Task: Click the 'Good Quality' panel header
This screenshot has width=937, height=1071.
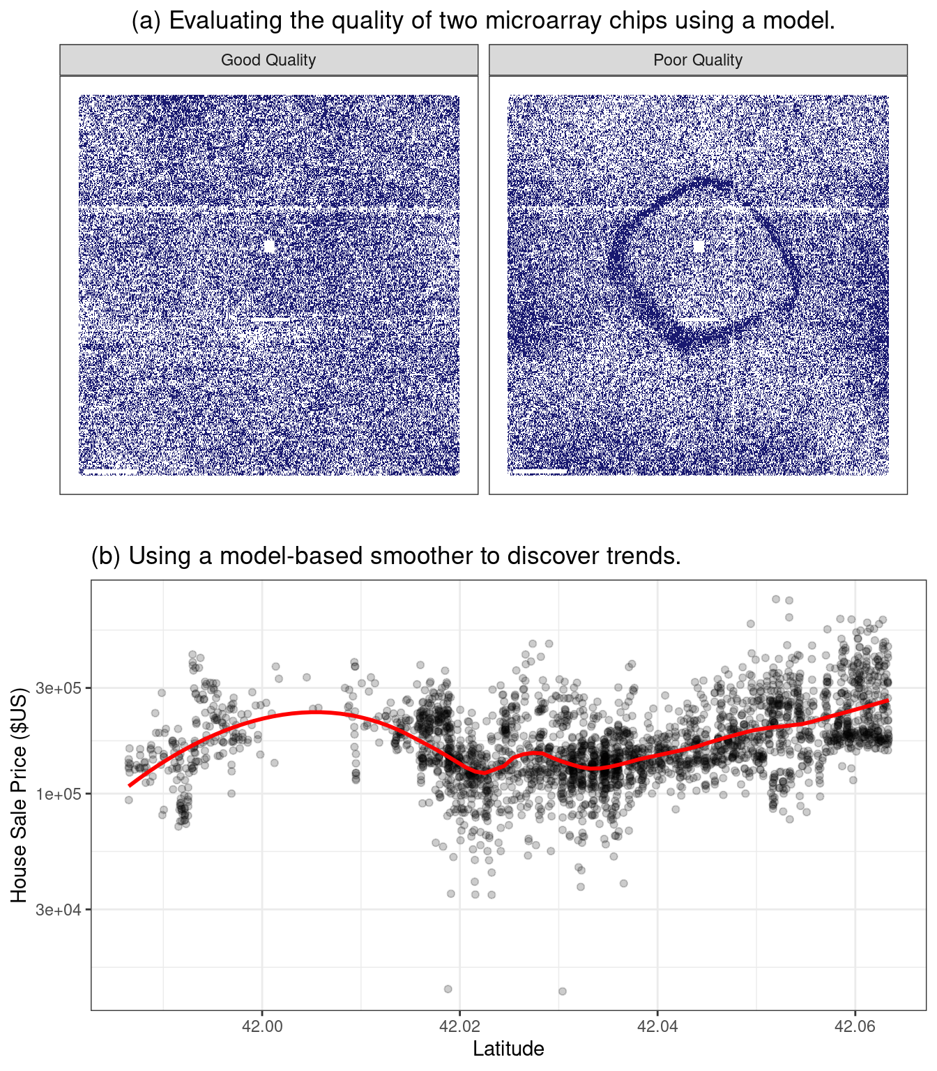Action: point(268,60)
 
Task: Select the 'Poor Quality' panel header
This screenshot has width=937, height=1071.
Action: point(698,60)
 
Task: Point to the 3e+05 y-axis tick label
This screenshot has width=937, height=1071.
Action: point(59,688)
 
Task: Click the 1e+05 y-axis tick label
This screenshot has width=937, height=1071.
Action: point(59,794)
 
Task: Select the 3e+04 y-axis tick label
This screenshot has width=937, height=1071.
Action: point(59,910)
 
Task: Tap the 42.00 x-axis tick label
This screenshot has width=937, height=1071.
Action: point(262,1026)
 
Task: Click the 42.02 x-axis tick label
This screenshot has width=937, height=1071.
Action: point(459,1026)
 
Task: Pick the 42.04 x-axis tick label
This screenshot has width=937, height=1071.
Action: point(657,1026)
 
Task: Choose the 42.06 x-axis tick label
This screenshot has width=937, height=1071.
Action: point(855,1026)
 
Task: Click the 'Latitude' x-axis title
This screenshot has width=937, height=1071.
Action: point(508,1049)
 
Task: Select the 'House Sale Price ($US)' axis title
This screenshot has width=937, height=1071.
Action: point(19,795)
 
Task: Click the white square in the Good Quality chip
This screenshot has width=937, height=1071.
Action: point(270,246)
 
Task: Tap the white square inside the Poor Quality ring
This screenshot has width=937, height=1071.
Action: point(699,247)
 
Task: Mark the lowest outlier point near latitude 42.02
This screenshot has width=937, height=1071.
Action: point(448,989)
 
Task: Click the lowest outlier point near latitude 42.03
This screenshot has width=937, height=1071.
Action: point(562,991)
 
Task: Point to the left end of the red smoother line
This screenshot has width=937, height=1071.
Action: point(129,786)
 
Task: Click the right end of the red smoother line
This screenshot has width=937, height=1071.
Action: point(888,700)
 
